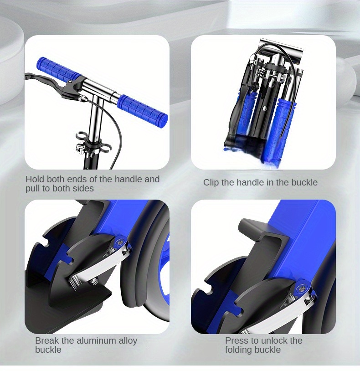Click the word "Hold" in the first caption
pyautogui.click(x=35, y=179)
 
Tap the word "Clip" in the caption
pyautogui.click(x=211, y=182)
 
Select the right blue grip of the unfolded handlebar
pyautogui.click(x=143, y=108)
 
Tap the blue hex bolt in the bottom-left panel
pyautogui.click(x=119, y=242)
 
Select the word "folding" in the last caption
pyautogui.click(x=239, y=350)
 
